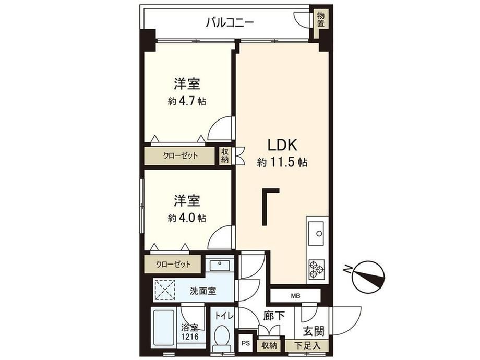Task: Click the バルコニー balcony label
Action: click(x=230, y=23)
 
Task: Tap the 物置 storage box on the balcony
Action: click(x=320, y=20)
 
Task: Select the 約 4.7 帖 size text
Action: click(x=187, y=101)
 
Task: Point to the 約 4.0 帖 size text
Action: click(x=187, y=218)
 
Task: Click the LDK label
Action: click(x=282, y=145)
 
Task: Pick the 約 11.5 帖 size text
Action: click(x=282, y=162)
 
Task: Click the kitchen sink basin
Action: click(x=316, y=233)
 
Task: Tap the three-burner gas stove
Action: click(x=317, y=269)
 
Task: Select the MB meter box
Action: click(x=295, y=296)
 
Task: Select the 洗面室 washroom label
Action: click(x=203, y=291)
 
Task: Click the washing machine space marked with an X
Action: click(x=164, y=290)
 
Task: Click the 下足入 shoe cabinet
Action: click(x=307, y=345)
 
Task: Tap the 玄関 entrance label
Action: click(x=314, y=331)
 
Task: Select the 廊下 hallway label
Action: click(x=274, y=316)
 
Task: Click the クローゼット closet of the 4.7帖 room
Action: click(x=179, y=156)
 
